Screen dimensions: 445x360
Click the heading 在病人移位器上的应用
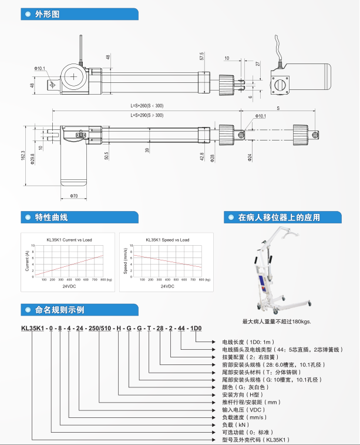[279, 218]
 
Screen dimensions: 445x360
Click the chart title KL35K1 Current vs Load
[69, 240]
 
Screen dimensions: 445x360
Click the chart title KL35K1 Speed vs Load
[167, 240]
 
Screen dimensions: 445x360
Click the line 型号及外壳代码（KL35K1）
[255, 440]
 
